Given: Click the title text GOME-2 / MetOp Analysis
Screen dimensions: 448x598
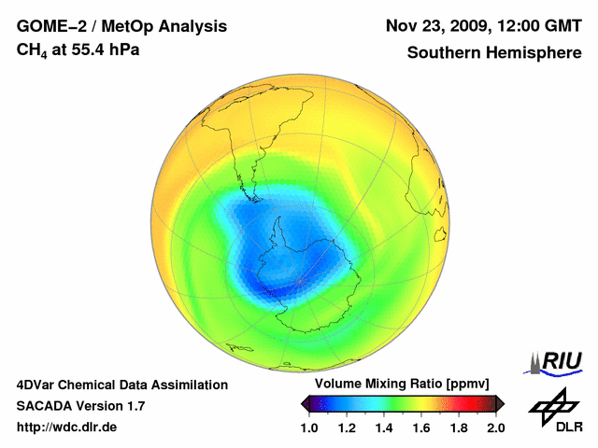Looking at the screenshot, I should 110,26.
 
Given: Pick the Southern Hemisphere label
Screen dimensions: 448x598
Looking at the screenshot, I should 493,52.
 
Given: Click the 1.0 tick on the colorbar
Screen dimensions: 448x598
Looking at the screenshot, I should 309,428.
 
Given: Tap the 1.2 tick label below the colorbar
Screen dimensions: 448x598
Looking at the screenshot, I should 347,428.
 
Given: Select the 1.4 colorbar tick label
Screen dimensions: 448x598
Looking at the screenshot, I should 384,428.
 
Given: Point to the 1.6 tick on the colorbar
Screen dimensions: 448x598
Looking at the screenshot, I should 421,428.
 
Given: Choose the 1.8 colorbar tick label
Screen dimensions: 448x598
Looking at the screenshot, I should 459,428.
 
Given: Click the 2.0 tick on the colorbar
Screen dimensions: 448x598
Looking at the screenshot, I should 496,428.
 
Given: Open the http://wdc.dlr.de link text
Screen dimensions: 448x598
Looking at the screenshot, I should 67,427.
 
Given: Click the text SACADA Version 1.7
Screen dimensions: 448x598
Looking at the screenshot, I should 80,406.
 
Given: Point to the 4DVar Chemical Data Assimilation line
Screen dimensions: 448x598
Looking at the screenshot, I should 121,385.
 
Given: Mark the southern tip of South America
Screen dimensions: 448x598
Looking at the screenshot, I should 253,198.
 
